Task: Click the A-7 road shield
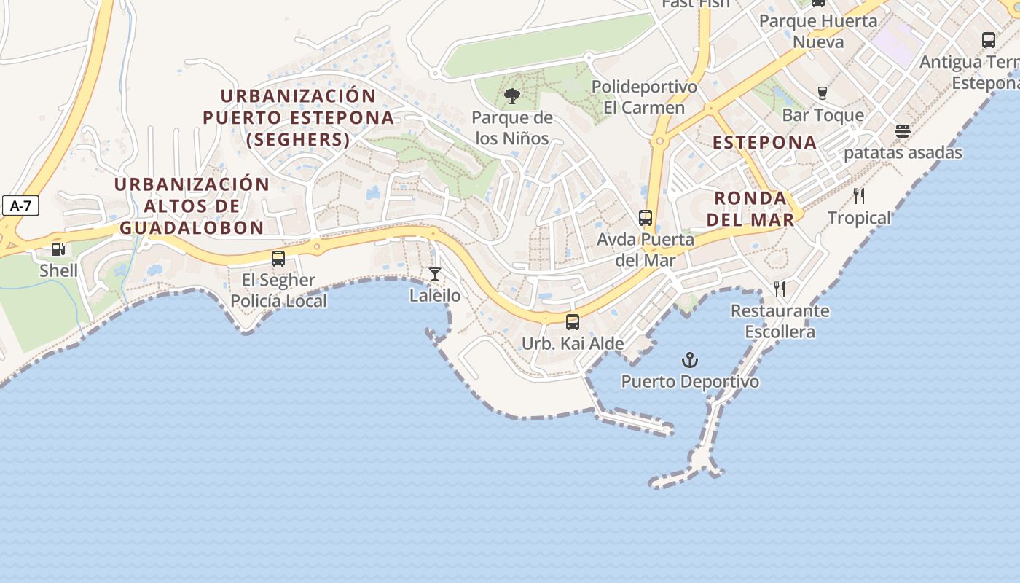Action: coord(20,206)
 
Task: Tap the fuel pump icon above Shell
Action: coord(58,250)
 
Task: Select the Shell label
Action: coord(58,270)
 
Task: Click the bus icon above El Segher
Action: coord(278,258)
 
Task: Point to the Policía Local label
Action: coord(279,300)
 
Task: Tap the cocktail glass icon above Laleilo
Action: coord(435,274)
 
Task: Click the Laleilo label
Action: coord(435,296)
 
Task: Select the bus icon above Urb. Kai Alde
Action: coord(573,321)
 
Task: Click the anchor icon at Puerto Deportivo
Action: coord(689,360)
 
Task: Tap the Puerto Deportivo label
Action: coord(690,381)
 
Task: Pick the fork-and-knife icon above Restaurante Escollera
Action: coord(780,289)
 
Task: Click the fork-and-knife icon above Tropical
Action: coord(859,196)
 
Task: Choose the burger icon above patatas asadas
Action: coord(903,132)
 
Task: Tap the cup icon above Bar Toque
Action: coord(823,93)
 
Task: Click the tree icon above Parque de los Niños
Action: coord(512,95)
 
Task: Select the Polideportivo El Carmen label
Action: coord(644,97)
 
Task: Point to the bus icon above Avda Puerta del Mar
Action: coord(645,217)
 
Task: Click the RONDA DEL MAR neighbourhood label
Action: coord(750,208)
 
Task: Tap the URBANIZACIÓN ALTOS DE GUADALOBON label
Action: coord(192,206)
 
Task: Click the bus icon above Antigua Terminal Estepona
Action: coord(989,40)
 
